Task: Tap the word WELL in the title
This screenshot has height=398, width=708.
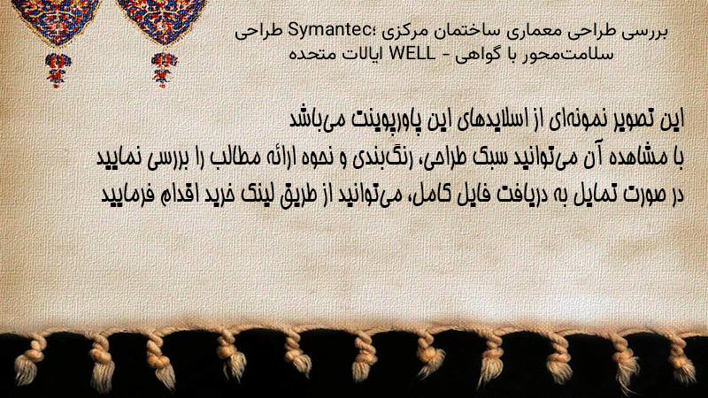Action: [412, 54]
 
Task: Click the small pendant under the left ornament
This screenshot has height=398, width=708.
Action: [58, 70]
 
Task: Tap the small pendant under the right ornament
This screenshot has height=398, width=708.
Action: [164, 70]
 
